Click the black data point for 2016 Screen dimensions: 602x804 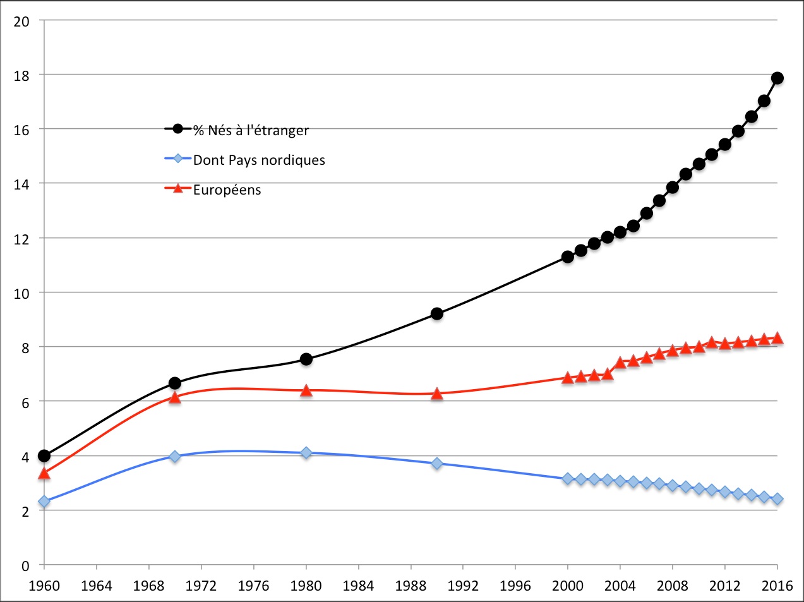point(777,78)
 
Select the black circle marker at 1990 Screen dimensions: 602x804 point(436,314)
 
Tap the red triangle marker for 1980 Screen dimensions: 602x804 point(306,391)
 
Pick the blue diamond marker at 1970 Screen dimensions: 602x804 point(175,456)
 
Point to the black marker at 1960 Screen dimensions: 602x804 point(44,455)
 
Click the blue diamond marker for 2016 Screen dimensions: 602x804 point(777,499)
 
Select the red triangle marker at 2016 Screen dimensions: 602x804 point(777,338)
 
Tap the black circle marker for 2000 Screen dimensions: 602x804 point(568,256)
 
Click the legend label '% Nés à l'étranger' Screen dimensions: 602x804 point(251,131)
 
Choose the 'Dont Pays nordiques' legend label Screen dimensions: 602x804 point(259,160)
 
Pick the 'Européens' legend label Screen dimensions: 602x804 point(227,190)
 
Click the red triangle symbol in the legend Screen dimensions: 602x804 point(178,188)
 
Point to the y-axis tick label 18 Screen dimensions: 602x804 point(21,75)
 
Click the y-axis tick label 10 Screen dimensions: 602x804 point(21,293)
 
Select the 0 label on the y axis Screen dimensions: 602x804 point(25,566)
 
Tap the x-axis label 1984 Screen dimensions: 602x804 point(358,586)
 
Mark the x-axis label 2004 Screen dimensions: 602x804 point(620,586)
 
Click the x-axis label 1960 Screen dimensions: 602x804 point(44,586)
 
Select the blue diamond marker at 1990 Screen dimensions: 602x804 point(436,464)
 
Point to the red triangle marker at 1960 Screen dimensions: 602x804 point(44,473)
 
